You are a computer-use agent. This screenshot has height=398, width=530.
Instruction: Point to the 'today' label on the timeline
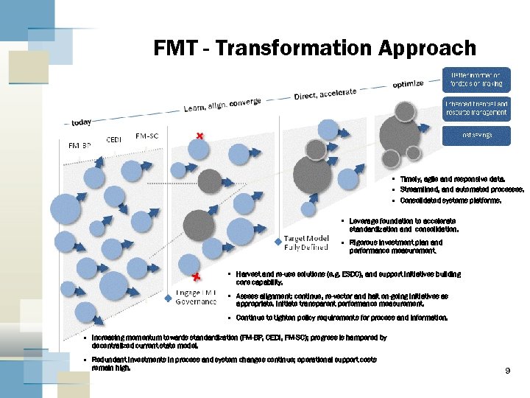tap(82, 122)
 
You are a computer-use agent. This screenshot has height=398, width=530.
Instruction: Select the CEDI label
tap(114, 139)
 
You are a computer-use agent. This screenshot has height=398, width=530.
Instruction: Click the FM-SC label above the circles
tap(147, 136)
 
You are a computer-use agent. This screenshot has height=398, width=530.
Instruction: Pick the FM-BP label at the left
tap(80, 145)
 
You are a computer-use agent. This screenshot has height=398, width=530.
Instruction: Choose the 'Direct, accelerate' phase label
tap(325, 94)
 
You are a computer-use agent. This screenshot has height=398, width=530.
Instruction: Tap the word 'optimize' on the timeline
tap(408, 83)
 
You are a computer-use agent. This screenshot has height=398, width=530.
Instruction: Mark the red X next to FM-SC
tap(199, 136)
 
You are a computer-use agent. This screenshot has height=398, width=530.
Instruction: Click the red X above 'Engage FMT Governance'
tap(196, 278)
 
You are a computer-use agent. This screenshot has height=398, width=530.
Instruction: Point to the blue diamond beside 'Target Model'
tap(278, 241)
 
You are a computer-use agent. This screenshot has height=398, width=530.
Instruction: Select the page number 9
tap(507, 371)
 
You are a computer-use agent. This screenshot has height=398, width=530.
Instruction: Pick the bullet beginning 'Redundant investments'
tap(234, 363)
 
